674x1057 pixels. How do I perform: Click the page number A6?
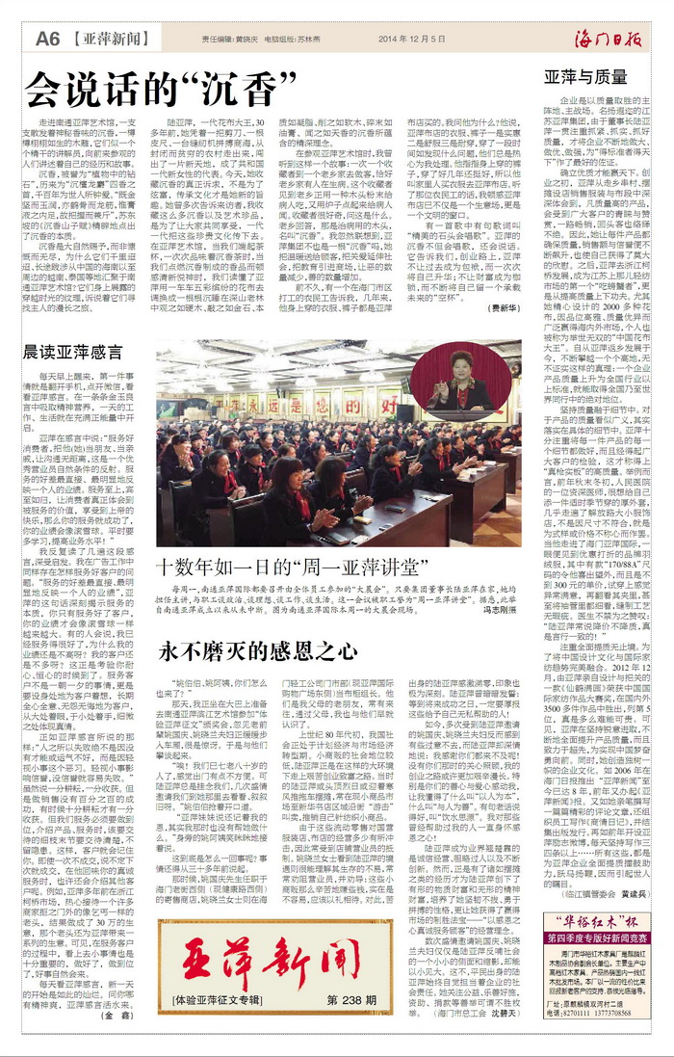pos(48,38)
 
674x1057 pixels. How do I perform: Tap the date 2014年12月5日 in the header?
pos(412,40)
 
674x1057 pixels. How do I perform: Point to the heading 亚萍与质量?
pos(585,76)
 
